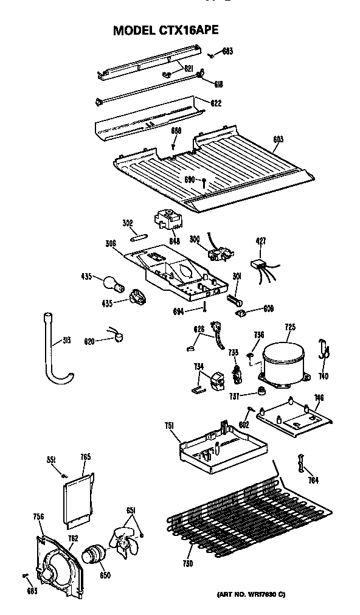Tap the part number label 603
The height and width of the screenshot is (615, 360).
pyautogui.click(x=278, y=139)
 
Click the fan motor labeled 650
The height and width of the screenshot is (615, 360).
pyautogui.click(x=93, y=553)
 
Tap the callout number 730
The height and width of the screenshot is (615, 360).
pyautogui.click(x=187, y=564)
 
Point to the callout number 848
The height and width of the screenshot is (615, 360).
pyautogui.click(x=175, y=241)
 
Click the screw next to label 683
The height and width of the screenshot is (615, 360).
pyautogui.click(x=210, y=55)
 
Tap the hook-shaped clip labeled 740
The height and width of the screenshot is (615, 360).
pyautogui.click(x=324, y=350)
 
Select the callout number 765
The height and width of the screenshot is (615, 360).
pyautogui.click(x=85, y=457)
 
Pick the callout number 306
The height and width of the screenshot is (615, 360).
pyautogui.click(x=111, y=244)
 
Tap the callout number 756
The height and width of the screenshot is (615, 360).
pyautogui.click(x=38, y=516)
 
